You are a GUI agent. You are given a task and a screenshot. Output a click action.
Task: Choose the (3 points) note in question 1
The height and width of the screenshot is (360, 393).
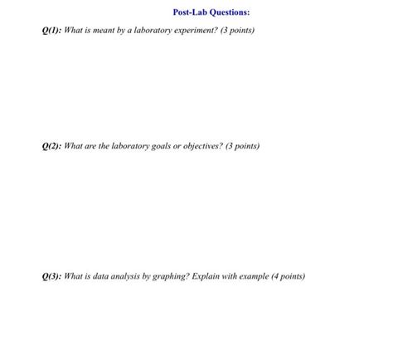[x=236, y=31]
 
